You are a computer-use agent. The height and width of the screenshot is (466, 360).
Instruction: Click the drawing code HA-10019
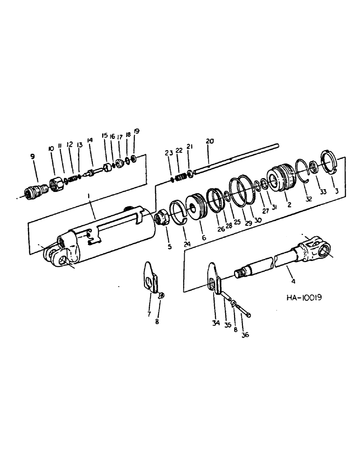click(303, 296)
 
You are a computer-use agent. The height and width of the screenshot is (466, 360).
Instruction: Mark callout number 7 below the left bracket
click(149, 314)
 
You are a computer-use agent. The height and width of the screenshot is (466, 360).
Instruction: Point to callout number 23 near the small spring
click(168, 152)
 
